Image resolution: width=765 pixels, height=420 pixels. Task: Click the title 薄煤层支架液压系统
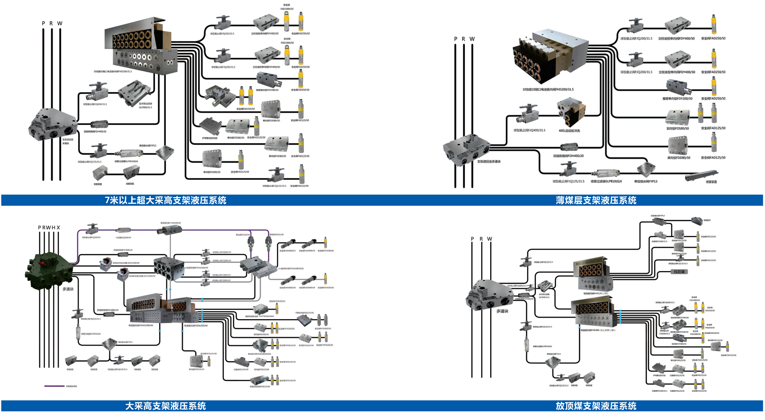point(596,200)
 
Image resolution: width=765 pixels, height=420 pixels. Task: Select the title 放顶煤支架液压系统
point(596,406)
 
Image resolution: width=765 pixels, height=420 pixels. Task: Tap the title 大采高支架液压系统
point(165,406)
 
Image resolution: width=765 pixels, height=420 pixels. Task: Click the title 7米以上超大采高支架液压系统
point(165,200)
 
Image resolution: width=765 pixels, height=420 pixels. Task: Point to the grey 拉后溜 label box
point(679,272)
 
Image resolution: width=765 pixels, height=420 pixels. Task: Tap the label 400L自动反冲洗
point(569,131)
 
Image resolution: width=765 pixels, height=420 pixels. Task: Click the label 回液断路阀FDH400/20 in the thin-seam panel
point(568,156)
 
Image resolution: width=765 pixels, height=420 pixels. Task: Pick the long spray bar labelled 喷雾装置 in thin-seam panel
point(702,175)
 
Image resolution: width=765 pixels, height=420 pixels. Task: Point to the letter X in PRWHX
point(58,228)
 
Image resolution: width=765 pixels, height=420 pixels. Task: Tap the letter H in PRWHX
point(54,228)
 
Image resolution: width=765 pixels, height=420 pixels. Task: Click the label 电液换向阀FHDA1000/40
point(141,326)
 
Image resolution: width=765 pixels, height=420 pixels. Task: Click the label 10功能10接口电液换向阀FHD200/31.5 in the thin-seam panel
point(548,90)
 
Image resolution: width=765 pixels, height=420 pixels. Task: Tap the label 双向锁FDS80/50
point(677,128)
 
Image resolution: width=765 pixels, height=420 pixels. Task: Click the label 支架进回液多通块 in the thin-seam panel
point(489,162)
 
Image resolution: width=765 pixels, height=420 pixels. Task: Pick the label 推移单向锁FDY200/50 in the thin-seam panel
point(677,99)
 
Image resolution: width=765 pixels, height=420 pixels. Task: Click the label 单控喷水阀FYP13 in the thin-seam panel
point(645,182)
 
